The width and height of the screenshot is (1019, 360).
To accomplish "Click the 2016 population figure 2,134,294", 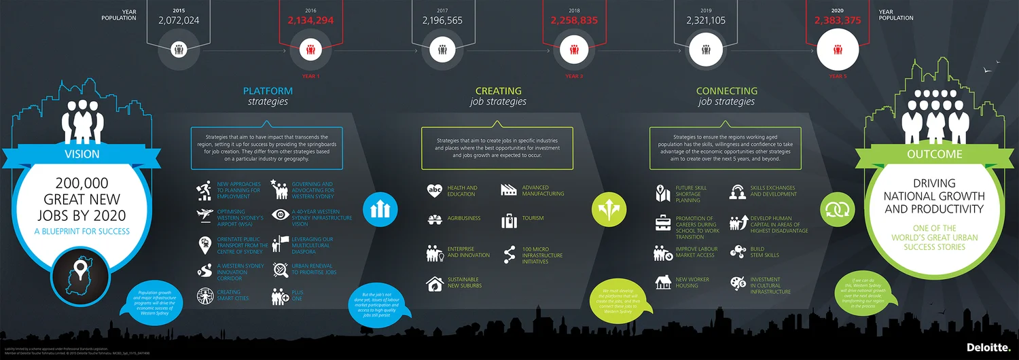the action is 310,20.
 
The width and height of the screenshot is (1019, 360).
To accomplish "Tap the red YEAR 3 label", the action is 574,76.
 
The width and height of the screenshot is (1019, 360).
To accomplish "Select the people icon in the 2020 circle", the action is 838,50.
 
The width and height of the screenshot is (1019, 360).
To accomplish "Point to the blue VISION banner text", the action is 82,154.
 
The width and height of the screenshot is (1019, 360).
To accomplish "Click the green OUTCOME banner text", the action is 934,154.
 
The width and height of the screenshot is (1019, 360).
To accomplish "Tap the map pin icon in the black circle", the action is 82,272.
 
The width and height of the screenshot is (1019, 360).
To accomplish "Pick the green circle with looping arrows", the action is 836,209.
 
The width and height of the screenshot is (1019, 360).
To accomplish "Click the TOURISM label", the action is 533,219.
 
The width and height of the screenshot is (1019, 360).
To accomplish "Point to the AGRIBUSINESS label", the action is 464,219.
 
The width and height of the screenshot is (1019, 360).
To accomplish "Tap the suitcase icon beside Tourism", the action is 509,221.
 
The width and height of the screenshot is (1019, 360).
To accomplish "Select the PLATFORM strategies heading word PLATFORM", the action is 268,91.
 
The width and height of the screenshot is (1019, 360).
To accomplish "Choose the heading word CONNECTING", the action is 726,91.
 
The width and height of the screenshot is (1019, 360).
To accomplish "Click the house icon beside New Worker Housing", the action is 663,282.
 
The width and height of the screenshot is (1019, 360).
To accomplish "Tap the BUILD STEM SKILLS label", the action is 757,252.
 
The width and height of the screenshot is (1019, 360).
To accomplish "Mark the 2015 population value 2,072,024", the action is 179,20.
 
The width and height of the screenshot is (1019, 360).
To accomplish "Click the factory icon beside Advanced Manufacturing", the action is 509,190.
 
